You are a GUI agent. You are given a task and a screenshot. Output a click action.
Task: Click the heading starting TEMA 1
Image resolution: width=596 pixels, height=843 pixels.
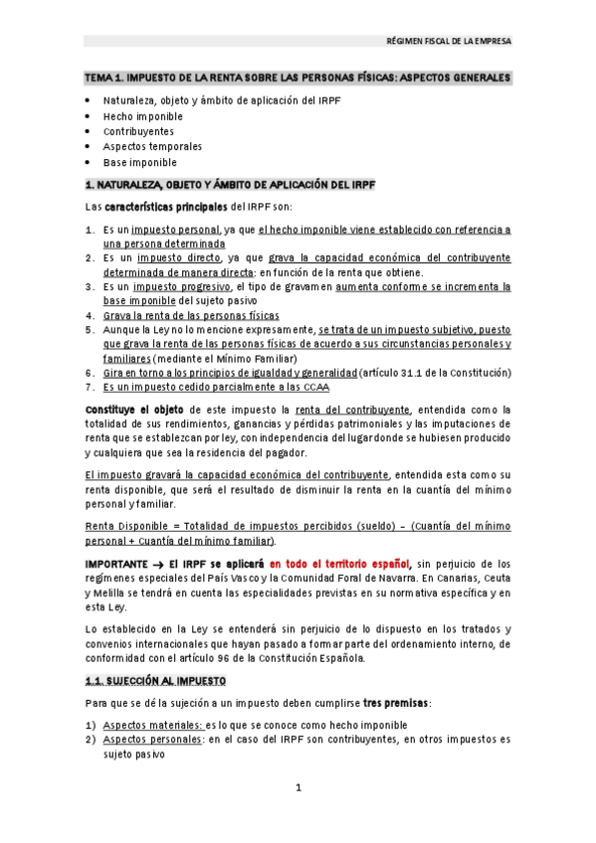[x=298, y=78]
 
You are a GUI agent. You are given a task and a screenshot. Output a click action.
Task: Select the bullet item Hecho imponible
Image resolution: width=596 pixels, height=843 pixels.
[x=143, y=116]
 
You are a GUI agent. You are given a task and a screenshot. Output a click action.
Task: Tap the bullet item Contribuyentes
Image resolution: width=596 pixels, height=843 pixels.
[x=138, y=131]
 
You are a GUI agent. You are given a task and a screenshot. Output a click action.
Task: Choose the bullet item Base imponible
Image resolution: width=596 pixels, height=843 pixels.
[x=140, y=162]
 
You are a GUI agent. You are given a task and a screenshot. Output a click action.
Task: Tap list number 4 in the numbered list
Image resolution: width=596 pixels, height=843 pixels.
[x=89, y=315]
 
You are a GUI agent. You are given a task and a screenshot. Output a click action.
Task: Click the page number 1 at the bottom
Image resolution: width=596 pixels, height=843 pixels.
[x=298, y=789]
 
